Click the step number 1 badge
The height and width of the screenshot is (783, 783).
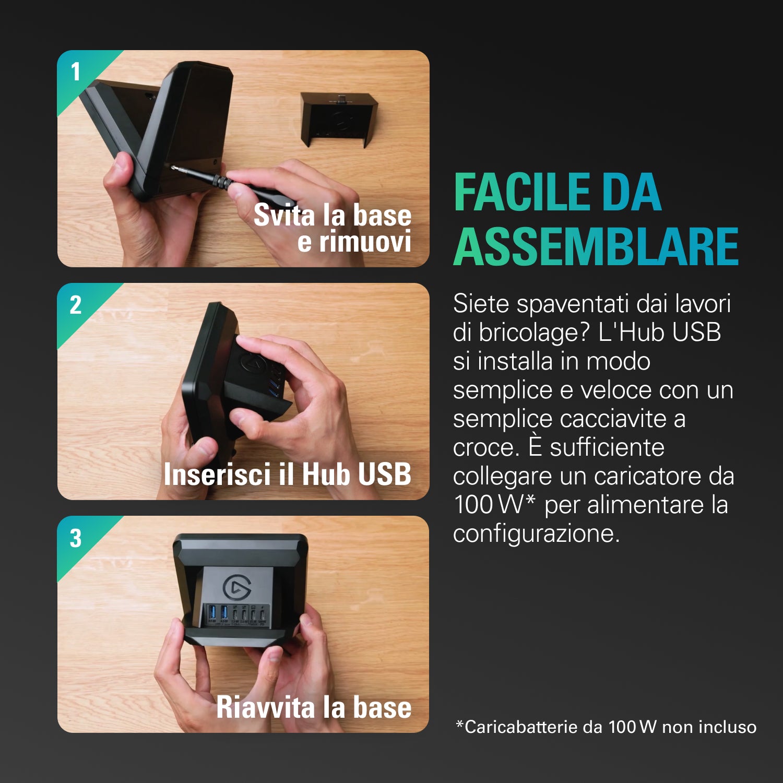coord(76,72)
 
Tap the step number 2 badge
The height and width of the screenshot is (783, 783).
coord(76,305)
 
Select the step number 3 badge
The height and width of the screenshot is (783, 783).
coord(76,538)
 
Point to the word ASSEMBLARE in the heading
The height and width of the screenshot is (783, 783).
coord(596,246)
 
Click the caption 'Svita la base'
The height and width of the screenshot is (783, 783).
coord(333,215)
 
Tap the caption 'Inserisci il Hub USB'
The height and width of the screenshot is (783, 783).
coord(287,474)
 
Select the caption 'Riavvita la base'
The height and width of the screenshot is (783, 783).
coord(314,707)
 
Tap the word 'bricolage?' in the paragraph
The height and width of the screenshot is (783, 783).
coord(535,333)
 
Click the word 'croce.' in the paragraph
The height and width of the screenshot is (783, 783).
coord(486,447)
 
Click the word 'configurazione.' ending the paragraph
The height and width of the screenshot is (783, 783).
coord(536,533)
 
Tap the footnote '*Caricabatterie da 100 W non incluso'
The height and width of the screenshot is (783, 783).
coord(606,727)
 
